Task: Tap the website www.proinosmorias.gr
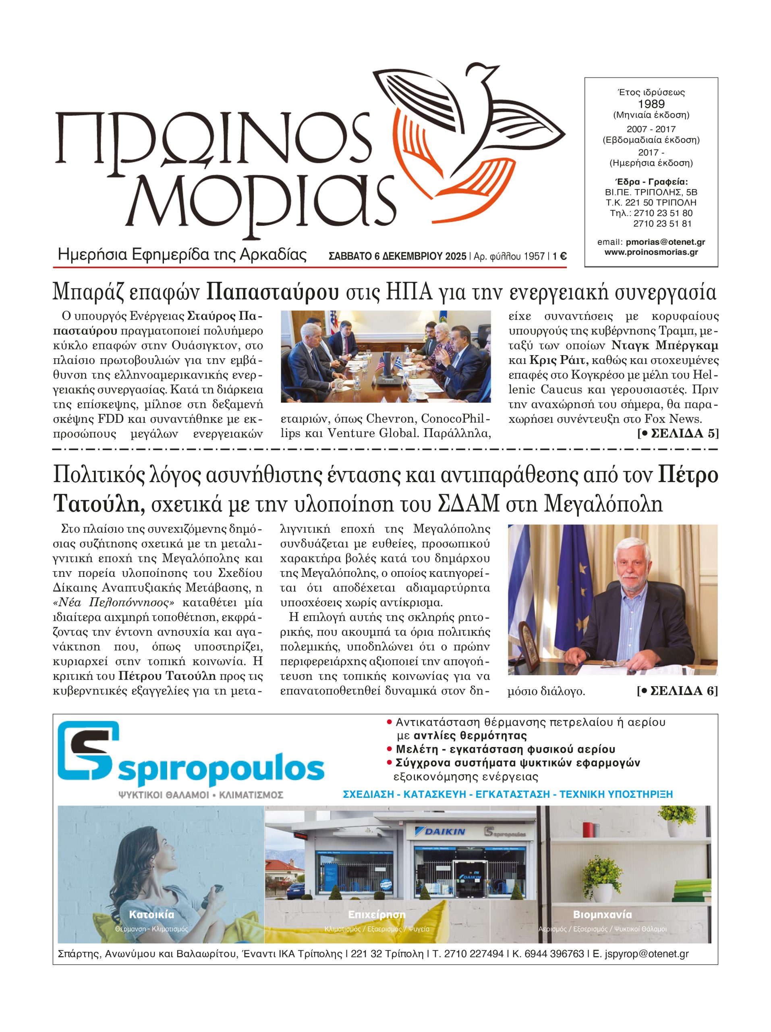(651, 252)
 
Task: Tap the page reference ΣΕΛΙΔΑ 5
(682, 433)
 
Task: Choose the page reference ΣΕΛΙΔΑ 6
(682, 691)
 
